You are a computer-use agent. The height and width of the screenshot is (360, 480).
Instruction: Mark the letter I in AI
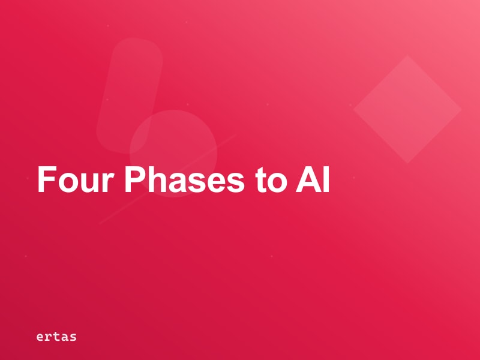coord(326,179)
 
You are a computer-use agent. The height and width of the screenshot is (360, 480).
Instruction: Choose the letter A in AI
coord(307,179)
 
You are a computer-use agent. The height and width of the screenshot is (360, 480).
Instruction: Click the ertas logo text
coord(56,337)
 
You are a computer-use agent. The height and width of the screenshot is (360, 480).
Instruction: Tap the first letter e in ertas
coord(40,337)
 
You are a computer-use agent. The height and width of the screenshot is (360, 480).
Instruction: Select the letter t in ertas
coord(56,337)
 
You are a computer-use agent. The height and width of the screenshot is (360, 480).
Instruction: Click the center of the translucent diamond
coord(407,109)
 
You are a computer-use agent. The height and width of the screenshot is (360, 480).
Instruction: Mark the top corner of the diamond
coord(408,56)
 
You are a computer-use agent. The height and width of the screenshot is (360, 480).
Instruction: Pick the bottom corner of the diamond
coord(407,163)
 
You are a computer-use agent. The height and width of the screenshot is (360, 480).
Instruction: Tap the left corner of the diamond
coord(353,109)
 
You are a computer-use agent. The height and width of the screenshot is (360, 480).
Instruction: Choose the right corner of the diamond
coord(461,109)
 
